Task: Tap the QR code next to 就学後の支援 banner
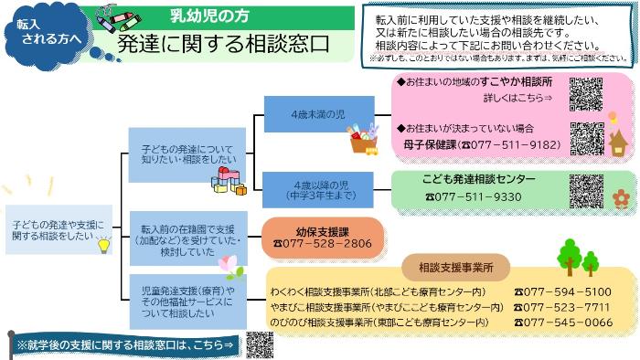260,344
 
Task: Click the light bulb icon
104,243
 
